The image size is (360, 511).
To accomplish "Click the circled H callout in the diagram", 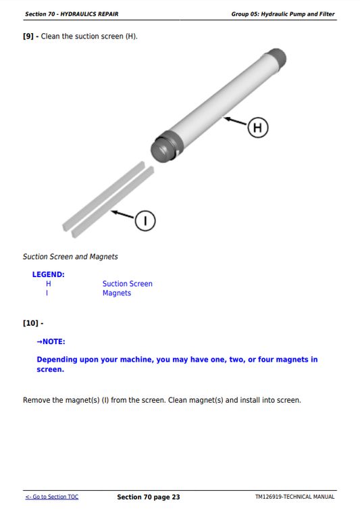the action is (258, 127).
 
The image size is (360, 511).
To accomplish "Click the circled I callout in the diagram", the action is (145, 221).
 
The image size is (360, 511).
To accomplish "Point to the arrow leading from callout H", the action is (235, 120).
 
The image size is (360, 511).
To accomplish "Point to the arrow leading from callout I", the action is (123, 214).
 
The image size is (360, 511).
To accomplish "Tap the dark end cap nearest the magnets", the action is (165, 147).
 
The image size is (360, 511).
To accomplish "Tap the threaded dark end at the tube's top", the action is (277, 59).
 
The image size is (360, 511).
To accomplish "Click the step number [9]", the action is (28, 36).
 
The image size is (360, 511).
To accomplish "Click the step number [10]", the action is (30, 323).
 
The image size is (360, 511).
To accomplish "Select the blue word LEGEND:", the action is (48, 274).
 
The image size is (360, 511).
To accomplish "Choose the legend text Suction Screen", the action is (128, 284).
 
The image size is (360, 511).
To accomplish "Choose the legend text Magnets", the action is (117, 293).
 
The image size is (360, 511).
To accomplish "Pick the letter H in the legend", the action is (48, 284).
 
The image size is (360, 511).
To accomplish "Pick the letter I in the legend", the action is (47, 293).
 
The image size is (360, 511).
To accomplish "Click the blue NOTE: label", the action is (51, 341).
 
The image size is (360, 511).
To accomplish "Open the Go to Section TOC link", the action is (52, 497).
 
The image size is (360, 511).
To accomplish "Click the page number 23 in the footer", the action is (176, 497).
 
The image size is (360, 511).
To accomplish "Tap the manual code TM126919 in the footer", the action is (269, 497).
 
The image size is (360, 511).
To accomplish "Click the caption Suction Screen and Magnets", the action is (70, 257).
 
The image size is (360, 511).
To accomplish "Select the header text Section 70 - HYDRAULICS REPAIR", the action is (72, 14).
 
